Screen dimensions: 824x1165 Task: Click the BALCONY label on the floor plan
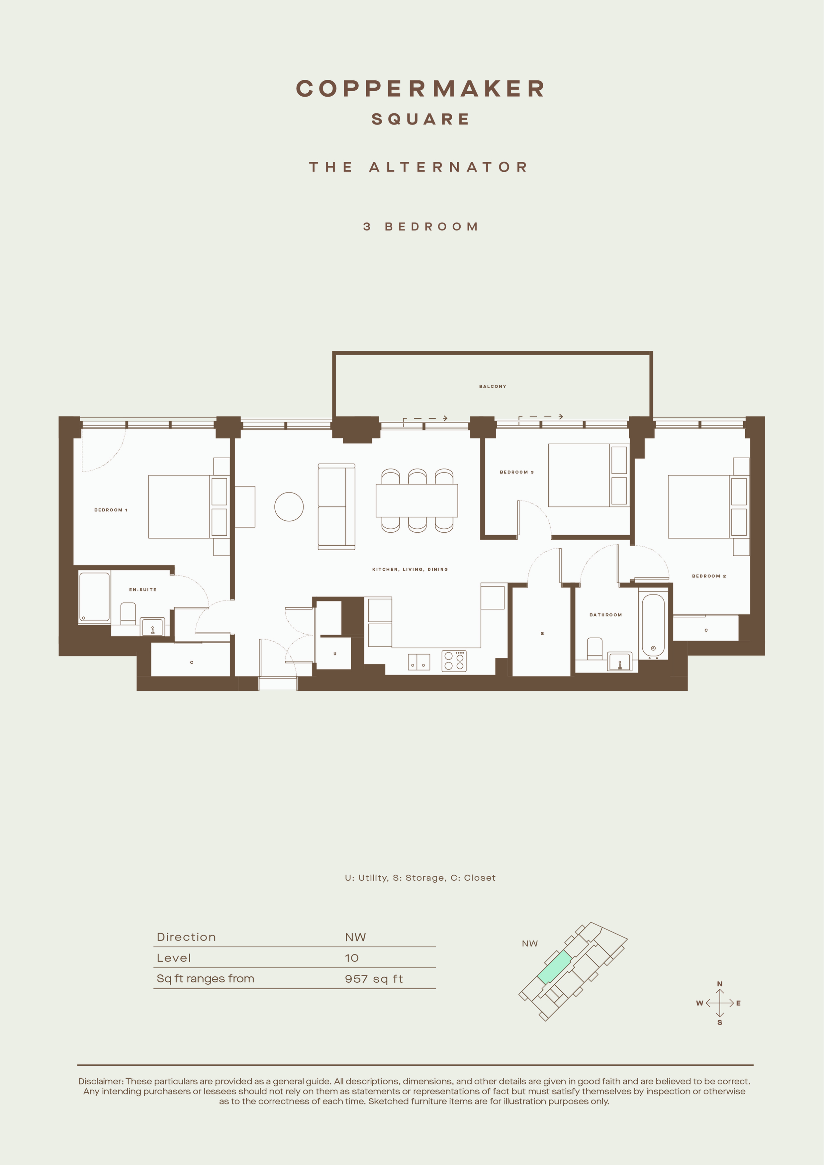[492, 387]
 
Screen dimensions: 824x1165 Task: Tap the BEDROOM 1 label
[111, 510]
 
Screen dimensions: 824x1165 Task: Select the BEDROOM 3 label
[516, 472]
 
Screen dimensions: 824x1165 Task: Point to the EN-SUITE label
[142, 589]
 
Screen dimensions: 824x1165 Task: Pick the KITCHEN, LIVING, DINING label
[410, 569]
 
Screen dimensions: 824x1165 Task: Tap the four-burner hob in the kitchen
[454, 661]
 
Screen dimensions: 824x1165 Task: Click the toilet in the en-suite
[128, 613]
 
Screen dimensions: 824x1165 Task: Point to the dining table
[416, 500]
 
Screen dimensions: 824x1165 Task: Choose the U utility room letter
[335, 654]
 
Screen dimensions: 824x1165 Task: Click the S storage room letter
[542, 634]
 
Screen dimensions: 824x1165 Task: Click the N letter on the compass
[719, 984]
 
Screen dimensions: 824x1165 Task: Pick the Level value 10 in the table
[352, 958]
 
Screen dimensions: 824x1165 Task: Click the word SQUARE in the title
[420, 119]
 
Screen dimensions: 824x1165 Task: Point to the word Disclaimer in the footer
[100, 1081]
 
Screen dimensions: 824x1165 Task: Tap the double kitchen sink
[419, 662]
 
